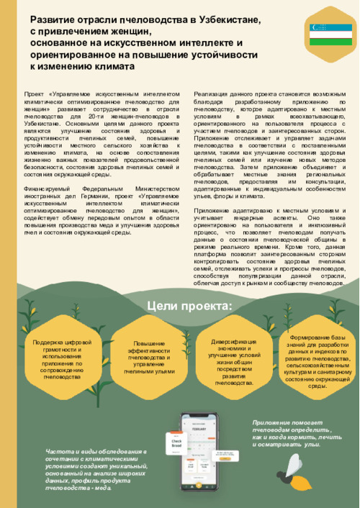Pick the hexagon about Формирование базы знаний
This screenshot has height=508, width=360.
coord(318,360)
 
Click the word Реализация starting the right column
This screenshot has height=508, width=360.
coord(212,94)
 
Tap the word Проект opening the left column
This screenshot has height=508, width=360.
coord(34,94)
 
